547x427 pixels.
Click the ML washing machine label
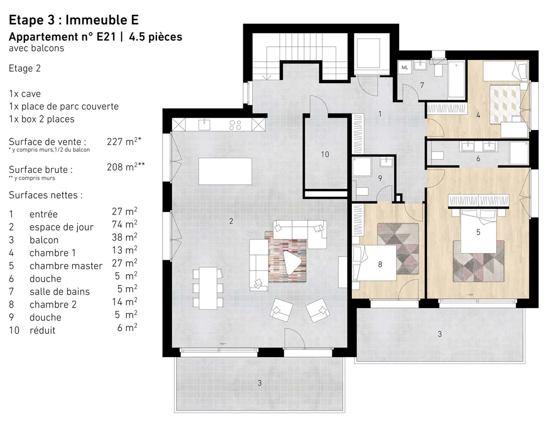coord(405,68)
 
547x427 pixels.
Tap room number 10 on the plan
coord(325,154)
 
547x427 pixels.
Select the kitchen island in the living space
coord(225,171)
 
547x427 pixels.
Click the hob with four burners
coord(236,125)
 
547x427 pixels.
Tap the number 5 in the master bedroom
coord(478,232)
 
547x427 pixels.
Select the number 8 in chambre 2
coord(380,265)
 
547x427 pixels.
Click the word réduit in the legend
coord(43,331)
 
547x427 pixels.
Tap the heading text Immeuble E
coord(102,20)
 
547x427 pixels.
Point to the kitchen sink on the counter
coord(204,124)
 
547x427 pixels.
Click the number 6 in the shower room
coord(478,159)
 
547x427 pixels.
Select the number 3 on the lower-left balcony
coord(259,383)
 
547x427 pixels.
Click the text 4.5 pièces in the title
coord(156,37)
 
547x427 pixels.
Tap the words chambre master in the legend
coord(66,266)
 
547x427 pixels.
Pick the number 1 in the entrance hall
coord(380,114)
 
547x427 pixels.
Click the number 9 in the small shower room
coord(380,178)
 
